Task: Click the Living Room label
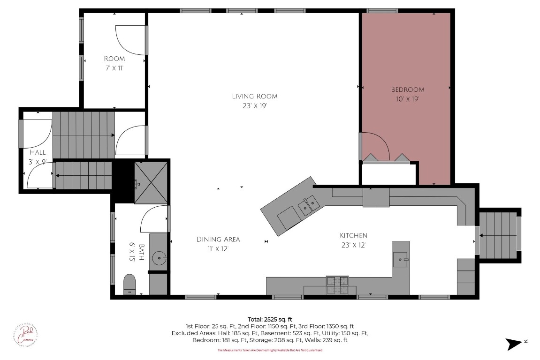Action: point(254,96)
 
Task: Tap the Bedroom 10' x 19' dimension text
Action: point(407,99)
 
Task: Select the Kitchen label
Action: point(353,235)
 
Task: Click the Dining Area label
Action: point(218,239)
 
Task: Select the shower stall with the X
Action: point(151,183)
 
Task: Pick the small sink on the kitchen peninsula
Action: point(400,258)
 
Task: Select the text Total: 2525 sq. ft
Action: point(270,319)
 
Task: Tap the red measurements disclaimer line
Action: point(270,350)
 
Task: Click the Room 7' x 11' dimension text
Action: point(114,68)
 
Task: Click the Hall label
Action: point(38,152)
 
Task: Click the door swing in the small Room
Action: point(131,39)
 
